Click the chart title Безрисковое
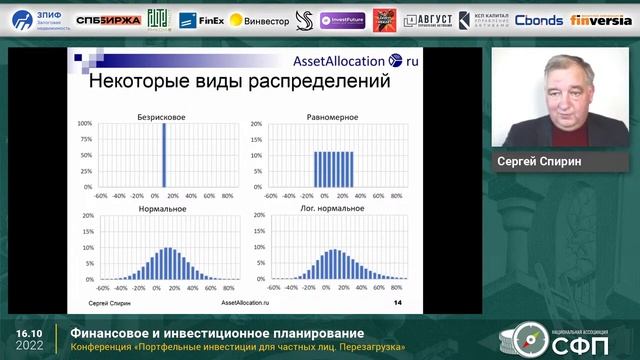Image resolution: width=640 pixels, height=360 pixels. tap(162, 117)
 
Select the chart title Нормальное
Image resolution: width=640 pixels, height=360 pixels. tap(162, 210)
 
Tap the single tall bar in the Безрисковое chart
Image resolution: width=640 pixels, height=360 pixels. tap(163, 155)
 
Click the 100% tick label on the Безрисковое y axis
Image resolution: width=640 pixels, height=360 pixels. tap(85, 125)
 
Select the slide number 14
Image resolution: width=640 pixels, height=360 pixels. tap(397, 301)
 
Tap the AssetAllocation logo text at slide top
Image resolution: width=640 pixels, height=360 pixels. tap(338, 62)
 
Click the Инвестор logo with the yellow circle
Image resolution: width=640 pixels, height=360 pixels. tap(259, 19)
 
